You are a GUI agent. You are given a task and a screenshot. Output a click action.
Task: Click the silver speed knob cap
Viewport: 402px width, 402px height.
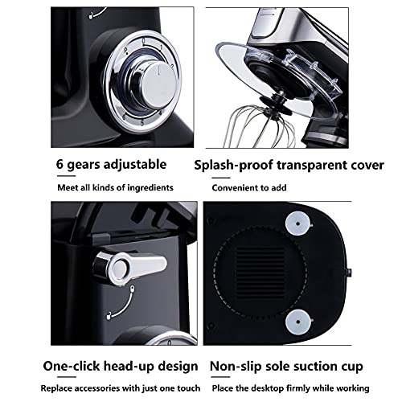pos(158,85)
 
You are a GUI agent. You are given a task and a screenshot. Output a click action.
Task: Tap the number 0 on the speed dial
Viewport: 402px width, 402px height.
pos(144,41)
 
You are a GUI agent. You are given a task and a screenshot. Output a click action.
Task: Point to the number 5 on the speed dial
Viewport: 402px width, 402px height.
pos(142,123)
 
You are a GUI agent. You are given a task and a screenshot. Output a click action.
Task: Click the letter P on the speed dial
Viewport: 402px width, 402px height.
pos(125,50)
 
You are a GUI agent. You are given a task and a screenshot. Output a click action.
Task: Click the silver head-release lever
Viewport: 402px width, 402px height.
pos(131,268)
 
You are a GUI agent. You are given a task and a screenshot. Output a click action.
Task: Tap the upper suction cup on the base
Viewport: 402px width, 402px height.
pos(297,224)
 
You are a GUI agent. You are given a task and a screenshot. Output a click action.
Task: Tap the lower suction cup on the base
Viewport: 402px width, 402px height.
pos(297,322)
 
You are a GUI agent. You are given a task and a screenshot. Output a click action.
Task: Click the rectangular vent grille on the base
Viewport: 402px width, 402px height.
pos(260,271)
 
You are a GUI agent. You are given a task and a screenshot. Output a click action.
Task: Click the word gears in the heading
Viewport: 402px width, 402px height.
pos(84,165)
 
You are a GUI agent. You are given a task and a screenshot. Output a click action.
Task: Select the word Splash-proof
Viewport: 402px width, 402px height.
pos(233,166)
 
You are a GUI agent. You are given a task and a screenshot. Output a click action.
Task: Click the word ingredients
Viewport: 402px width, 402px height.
pos(150,188)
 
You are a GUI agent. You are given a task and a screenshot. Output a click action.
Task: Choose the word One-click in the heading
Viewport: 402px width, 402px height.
pos(72,366)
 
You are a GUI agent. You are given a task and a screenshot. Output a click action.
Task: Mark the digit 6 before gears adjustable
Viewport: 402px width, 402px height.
pos(59,164)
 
